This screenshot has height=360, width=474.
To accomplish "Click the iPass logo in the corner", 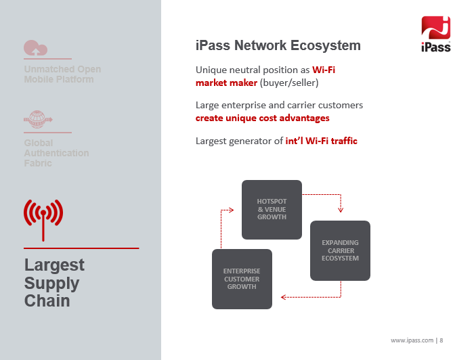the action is pyautogui.click(x=435, y=34).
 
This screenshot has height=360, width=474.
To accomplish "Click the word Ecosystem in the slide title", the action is pyautogui.click(x=326, y=45).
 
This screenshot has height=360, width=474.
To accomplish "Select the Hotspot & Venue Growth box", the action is pyautogui.click(x=272, y=210).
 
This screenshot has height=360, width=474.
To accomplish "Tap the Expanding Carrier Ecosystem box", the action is pyautogui.click(x=340, y=250).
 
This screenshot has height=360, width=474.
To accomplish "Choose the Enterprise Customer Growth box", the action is pyautogui.click(x=242, y=279).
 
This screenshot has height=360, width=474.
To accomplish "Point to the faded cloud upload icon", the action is pyautogui.click(x=36, y=48).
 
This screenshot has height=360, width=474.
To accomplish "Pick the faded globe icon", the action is pyautogui.click(x=38, y=119).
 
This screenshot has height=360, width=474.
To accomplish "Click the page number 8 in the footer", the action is pyautogui.click(x=441, y=340).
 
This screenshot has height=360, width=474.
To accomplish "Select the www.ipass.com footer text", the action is pyautogui.click(x=412, y=340).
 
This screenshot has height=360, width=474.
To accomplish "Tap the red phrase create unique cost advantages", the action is pyautogui.click(x=263, y=118).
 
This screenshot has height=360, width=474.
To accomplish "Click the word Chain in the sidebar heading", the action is pyautogui.click(x=47, y=301).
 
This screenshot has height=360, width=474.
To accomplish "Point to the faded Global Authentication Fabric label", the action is pyautogui.click(x=56, y=153).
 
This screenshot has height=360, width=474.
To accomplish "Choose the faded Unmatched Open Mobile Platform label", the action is pyautogui.click(x=62, y=74).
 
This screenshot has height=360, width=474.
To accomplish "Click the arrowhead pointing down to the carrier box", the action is pyautogui.click(x=341, y=210).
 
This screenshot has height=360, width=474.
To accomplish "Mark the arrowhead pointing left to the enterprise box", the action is pyautogui.click(x=284, y=297).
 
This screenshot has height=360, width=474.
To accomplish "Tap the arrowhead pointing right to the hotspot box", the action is pyautogui.click(x=232, y=210).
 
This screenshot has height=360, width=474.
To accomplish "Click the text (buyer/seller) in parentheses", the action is pyautogui.click(x=289, y=83).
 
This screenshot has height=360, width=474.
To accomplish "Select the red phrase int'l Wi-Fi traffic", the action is pyautogui.click(x=322, y=141).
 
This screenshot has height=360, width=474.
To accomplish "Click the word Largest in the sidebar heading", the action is pyautogui.click(x=54, y=265).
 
